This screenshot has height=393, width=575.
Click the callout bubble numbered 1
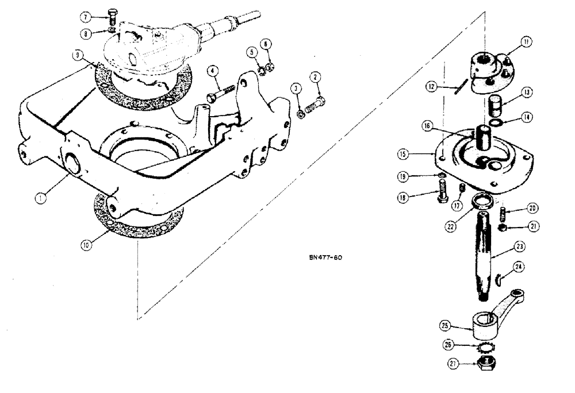tap(40, 198)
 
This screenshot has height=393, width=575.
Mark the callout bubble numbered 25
tap(444, 325)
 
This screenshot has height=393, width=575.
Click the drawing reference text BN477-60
tap(325, 257)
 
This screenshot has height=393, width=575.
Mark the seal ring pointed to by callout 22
tap(481, 202)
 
